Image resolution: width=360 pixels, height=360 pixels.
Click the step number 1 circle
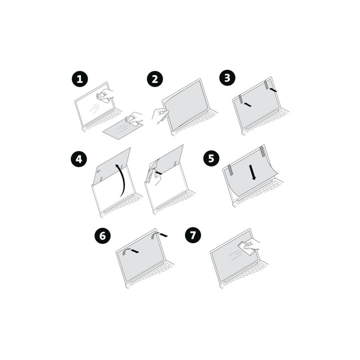[x=79, y=79]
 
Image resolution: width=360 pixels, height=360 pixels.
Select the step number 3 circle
[x=227, y=78]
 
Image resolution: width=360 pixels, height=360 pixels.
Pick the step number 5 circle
[x=211, y=159]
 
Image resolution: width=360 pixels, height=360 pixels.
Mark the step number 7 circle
[x=192, y=235]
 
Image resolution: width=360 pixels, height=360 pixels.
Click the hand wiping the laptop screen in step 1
[x=106, y=95]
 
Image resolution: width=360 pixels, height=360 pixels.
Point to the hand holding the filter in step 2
[x=161, y=115]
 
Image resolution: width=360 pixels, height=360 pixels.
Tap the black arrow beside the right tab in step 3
[x=272, y=90]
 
